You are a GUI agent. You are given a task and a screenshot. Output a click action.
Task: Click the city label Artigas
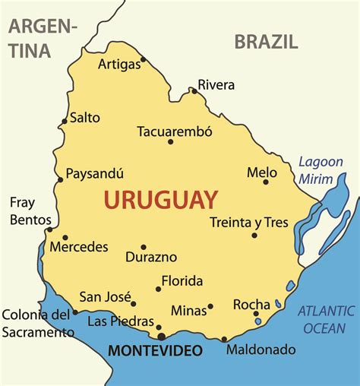coord(119,65)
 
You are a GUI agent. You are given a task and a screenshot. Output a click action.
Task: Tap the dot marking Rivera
coord(194,91)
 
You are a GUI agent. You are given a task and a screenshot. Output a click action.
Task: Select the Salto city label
coord(84,118)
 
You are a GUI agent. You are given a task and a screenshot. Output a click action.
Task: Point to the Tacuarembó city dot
coord(170,141)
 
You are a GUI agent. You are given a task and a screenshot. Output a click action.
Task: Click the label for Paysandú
coord(94,174)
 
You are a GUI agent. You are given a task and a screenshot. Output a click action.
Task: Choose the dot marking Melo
coord(266,182)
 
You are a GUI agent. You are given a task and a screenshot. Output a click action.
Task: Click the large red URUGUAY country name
coord(160,201)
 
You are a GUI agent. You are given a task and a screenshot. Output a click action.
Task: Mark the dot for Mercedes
coord(65,237)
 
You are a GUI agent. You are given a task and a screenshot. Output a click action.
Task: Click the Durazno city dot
coord(143,247)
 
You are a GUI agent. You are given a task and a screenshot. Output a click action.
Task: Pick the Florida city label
coord(182,281)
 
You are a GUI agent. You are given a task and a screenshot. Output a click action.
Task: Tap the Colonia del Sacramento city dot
coord(75,312)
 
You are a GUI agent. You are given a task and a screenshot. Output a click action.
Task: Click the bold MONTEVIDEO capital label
coord(156,350)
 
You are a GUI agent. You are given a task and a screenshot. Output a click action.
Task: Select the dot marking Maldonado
coord(224,339)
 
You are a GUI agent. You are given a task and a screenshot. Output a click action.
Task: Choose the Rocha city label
coord(251,304)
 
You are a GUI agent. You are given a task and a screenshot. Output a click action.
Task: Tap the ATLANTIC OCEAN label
coord(326,318)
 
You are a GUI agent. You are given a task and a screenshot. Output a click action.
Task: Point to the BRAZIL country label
coord(266,41)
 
